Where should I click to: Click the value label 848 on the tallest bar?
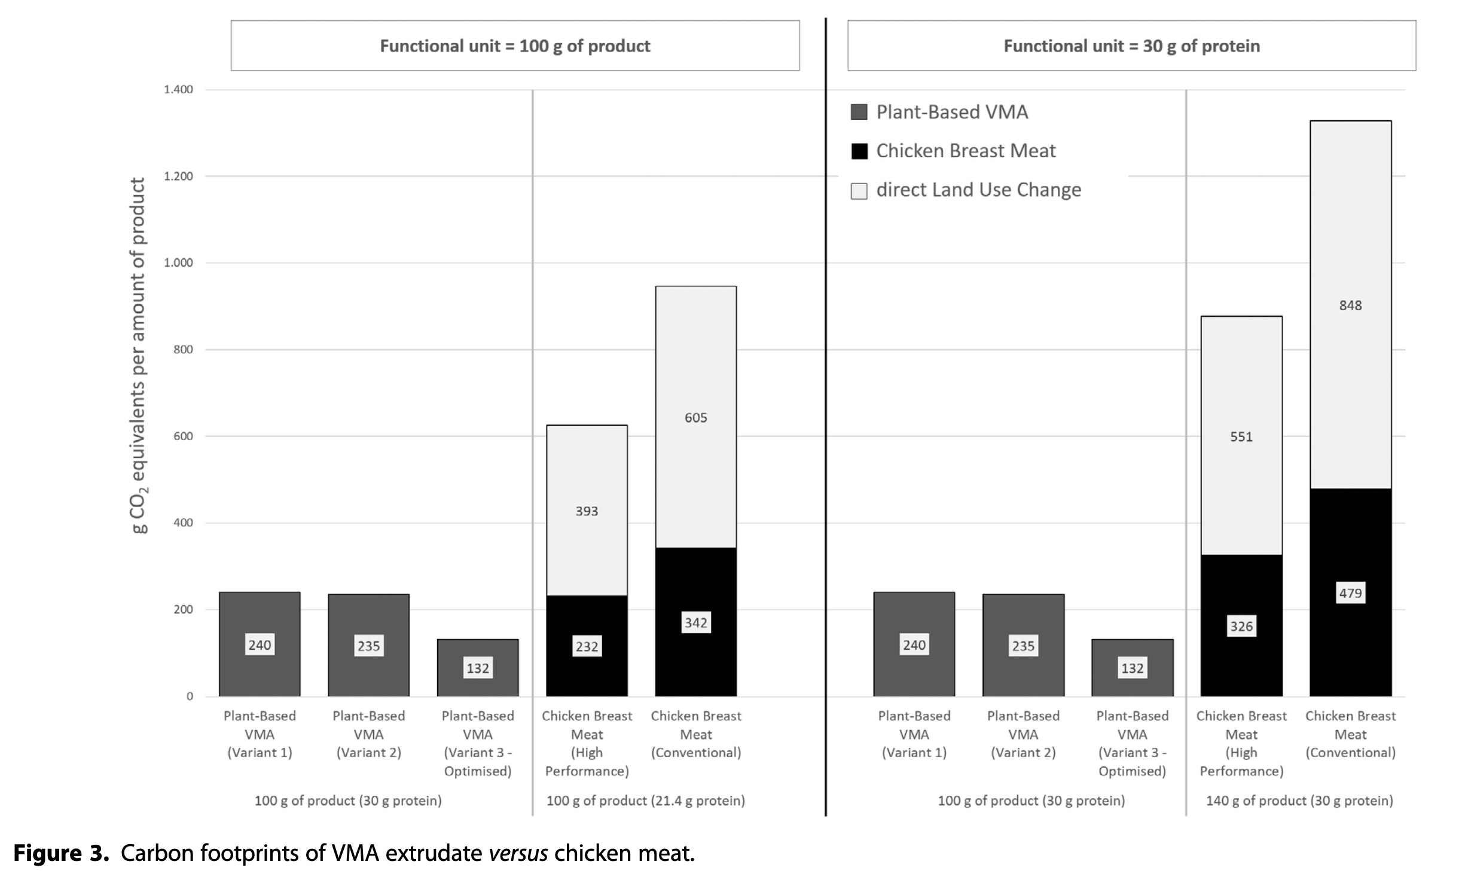point(1350,305)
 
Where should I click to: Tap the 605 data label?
point(695,418)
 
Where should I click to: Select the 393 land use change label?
point(587,511)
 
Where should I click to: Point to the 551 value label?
point(1241,437)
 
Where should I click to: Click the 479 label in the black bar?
point(1350,593)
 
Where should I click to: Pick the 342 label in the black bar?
point(695,623)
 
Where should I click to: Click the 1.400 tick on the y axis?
point(179,90)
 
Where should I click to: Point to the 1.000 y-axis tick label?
point(179,263)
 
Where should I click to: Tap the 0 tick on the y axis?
point(190,696)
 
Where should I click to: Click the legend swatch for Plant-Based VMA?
point(859,112)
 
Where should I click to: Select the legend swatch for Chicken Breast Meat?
point(859,151)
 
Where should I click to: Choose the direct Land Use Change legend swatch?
point(859,191)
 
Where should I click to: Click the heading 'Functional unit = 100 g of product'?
point(515,46)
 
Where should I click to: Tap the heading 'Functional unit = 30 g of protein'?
point(1131,46)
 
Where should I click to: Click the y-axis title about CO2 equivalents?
point(139,356)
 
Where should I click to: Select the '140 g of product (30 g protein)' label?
point(1299,801)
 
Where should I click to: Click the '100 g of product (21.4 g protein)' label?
point(645,801)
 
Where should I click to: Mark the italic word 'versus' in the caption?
point(518,853)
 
